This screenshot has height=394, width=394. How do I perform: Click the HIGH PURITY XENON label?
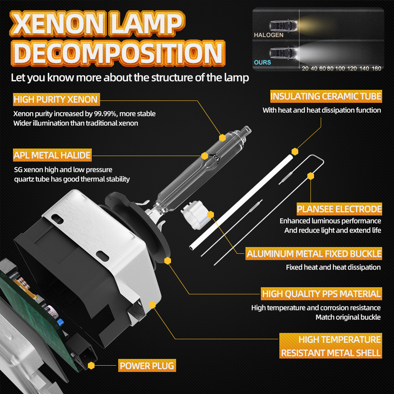pyautogui.click(x=56, y=99)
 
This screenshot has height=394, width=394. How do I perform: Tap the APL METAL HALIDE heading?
pyautogui.click(x=52, y=155)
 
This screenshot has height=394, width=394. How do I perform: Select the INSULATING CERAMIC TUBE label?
pyautogui.click(x=325, y=96)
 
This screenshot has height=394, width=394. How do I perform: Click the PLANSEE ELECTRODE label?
pyautogui.click(x=339, y=209)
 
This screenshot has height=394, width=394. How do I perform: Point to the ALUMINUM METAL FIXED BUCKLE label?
pyautogui.click(x=314, y=254)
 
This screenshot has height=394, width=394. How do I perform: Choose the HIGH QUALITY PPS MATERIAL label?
pyautogui.click(x=321, y=294)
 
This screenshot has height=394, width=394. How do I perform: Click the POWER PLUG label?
pyautogui.click(x=147, y=366)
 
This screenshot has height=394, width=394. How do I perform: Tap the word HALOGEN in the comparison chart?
pyautogui.click(x=268, y=35)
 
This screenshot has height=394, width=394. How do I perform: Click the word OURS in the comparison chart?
pyautogui.click(x=262, y=62)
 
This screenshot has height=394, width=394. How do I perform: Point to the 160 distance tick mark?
pyautogui.click(x=376, y=69)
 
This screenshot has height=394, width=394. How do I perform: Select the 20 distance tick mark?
pyautogui.click(x=305, y=69)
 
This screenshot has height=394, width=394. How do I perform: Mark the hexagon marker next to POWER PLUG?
pyautogui.click(x=91, y=366)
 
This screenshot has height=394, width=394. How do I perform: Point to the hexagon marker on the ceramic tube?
pyautogui.click(x=294, y=151)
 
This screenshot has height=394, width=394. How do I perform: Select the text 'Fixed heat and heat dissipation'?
pyautogui.click(x=333, y=267)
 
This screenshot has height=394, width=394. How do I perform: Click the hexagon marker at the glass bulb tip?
pyautogui.click(x=223, y=138)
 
